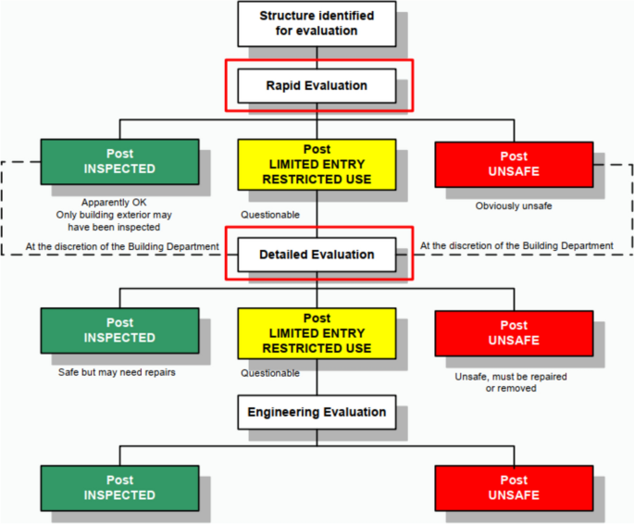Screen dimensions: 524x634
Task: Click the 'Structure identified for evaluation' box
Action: (x=317, y=23)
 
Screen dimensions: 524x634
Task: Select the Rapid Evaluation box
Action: (x=317, y=86)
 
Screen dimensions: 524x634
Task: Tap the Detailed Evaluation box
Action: (x=317, y=255)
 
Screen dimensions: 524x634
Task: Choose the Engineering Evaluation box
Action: (x=317, y=412)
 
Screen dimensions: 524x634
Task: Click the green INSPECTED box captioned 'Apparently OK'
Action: (x=119, y=162)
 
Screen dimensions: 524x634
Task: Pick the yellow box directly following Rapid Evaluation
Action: (x=317, y=164)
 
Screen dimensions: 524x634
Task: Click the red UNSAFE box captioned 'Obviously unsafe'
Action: (x=514, y=164)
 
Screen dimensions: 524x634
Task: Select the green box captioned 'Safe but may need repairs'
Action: (x=119, y=331)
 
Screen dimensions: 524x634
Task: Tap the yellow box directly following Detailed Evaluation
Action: (x=317, y=333)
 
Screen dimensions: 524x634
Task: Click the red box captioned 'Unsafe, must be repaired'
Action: (x=514, y=333)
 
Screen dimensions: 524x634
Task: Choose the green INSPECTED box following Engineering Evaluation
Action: (x=119, y=488)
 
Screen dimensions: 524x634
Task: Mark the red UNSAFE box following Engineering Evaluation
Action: (x=514, y=488)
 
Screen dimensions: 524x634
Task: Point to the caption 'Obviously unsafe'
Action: (x=514, y=206)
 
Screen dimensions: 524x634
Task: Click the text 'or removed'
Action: (x=511, y=389)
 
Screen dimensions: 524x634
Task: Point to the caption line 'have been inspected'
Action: (x=115, y=227)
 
